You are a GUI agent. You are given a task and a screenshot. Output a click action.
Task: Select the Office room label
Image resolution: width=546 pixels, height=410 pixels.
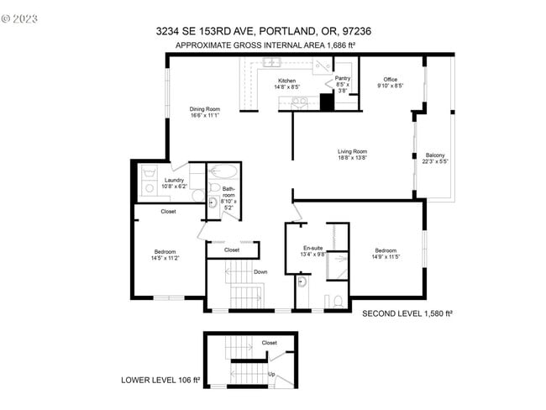point(391,80)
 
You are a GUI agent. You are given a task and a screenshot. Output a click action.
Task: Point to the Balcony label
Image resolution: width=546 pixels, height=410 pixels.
point(435,155)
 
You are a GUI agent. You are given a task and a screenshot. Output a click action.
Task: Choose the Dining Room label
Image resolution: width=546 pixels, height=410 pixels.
point(204,108)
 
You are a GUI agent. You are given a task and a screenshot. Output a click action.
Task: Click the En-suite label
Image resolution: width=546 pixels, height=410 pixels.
point(313,248)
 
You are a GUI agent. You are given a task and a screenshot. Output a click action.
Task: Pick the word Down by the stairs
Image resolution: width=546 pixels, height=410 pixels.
point(260,271)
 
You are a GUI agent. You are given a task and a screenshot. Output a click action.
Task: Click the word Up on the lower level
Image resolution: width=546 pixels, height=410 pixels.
point(271,373)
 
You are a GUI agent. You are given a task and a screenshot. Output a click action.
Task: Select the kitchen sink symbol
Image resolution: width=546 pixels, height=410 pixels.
point(272,62)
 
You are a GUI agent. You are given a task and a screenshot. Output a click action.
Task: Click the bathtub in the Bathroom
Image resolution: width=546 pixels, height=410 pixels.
point(224,171)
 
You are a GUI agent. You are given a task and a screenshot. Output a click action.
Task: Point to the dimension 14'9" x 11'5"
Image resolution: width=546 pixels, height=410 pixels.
point(386,258)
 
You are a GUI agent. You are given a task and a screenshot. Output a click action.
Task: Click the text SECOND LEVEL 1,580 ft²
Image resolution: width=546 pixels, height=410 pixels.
point(407,313)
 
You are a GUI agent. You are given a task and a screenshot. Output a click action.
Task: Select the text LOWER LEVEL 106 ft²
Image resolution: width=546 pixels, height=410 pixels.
point(160,380)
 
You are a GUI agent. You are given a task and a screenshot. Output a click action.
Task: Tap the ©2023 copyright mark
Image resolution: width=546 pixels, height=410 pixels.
point(19,17)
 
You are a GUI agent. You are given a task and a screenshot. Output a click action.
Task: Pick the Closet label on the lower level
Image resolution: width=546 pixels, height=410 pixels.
point(269,342)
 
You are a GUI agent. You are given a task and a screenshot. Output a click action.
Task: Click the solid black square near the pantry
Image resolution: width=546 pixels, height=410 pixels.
point(327,102)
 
